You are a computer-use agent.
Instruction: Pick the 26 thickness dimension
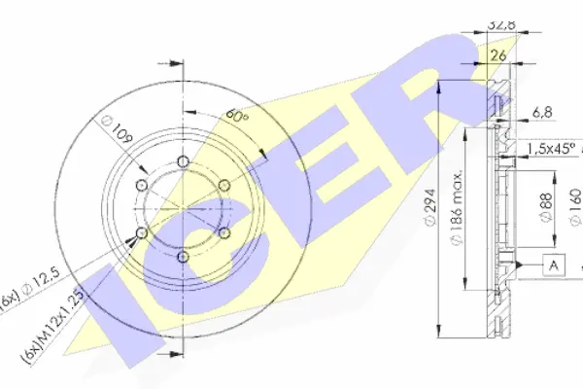coord(499,55)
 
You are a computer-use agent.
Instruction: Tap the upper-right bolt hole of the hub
coord(223,185)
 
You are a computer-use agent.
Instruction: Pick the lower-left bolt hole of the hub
coord(142,232)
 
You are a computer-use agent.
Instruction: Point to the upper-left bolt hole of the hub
coord(142,185)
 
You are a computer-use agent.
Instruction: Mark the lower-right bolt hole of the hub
coord(223,232)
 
